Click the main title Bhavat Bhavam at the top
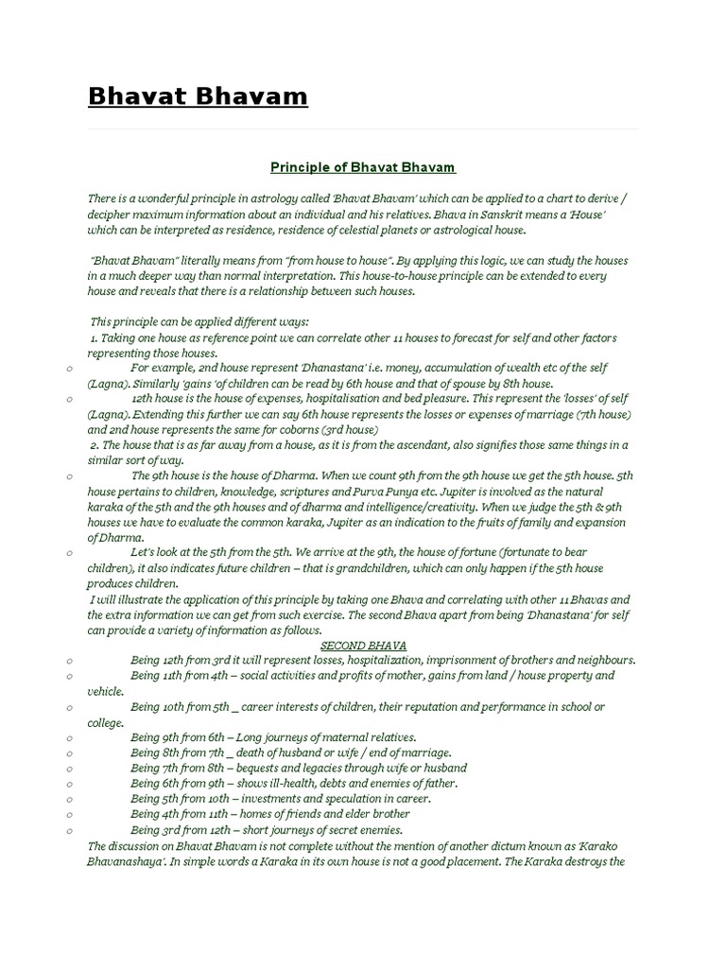coord(198,96)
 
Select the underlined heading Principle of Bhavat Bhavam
coord(363,167)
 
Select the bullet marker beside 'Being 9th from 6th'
coord(71,737)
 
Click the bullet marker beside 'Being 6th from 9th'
coord(71,784)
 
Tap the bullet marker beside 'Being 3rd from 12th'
coord(71,830)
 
